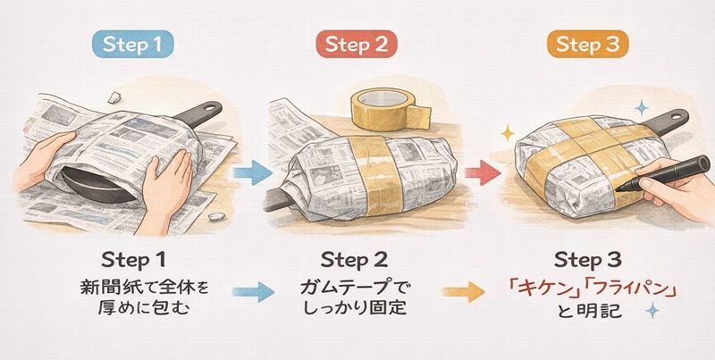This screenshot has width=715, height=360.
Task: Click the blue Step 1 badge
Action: coord(132,44)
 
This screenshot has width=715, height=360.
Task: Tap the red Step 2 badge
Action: coord(356,44)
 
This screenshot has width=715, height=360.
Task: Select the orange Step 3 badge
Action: coord(588,44)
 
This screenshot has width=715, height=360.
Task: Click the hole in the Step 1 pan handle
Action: coord(209,108)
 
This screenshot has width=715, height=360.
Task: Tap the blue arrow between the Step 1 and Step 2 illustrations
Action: coord(253,173)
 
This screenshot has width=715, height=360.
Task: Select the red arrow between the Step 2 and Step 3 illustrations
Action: coord(483,173)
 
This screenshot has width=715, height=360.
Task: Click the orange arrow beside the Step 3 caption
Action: coord(464,292)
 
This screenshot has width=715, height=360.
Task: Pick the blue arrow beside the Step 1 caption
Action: coord(253,292)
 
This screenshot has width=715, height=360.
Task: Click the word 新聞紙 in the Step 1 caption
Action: coord(103,289)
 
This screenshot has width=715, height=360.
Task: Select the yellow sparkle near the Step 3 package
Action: coord(507,133)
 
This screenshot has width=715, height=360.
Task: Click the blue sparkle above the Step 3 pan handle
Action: coord(642,107)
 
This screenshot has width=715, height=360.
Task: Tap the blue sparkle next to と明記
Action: coord(652,310)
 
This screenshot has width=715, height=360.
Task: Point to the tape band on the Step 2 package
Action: coord(374,174)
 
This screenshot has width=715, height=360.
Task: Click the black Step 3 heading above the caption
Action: coord(588,260)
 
